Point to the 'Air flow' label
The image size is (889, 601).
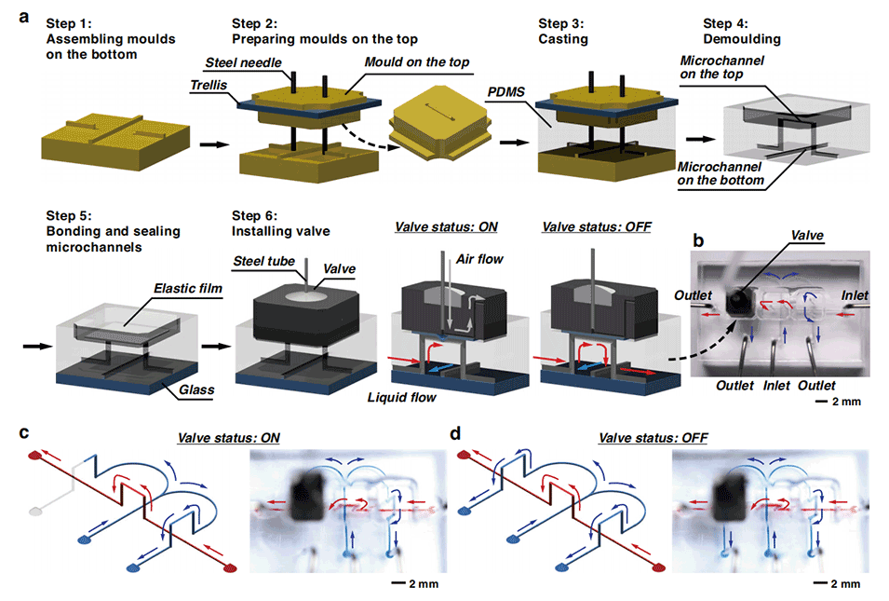480,258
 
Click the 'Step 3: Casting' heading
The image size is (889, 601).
566,32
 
